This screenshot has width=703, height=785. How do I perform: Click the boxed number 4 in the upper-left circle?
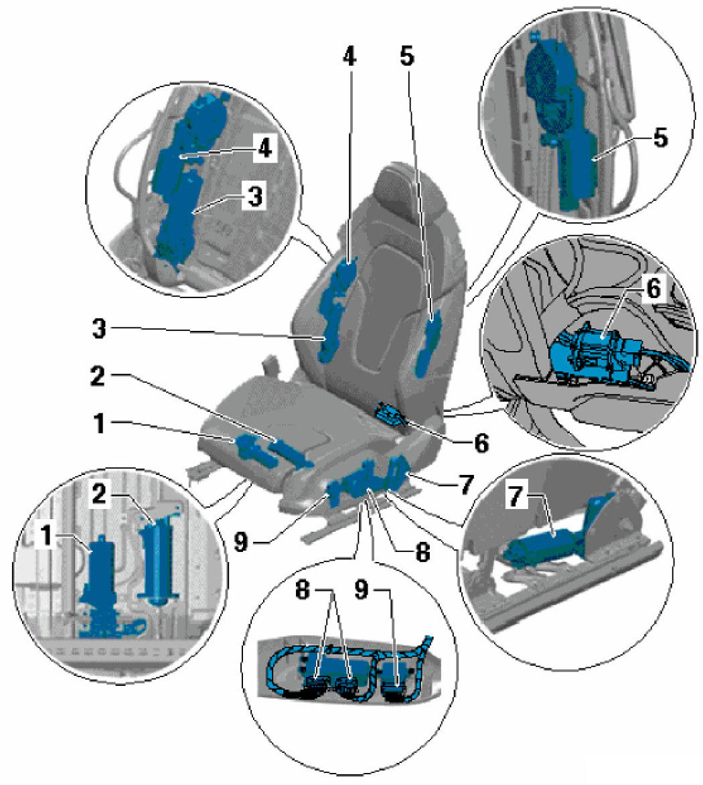point(265,149)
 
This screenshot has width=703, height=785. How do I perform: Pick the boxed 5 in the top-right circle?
point(659,139)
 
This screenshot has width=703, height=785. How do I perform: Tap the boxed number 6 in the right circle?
point(652,289)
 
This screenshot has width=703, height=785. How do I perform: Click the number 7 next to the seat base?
point(465,483)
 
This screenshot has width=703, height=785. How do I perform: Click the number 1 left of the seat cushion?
point(100,425)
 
